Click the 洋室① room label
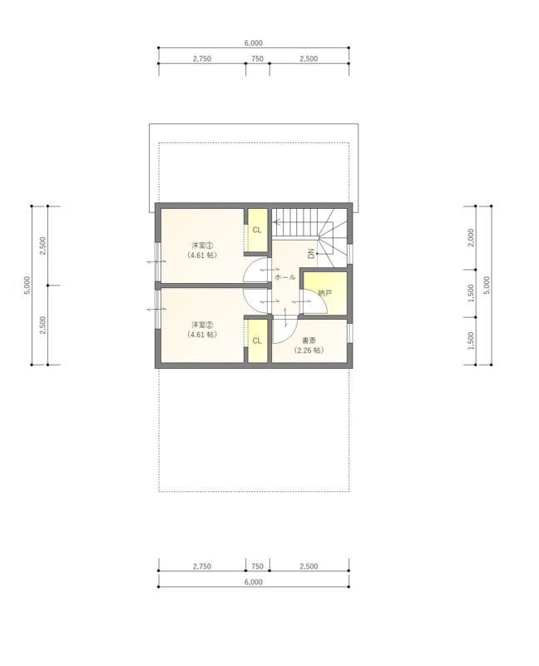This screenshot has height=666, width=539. pyautogui.click(x=202, y=246)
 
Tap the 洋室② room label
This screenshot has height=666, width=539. pyautogui.click(x=202, y=325)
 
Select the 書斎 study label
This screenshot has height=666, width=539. pyautogui.click(x=309, y=340)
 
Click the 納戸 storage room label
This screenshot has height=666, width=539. pyautogui.click(x=325, y=293)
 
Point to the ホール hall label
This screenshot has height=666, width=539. pyautogui.click(x=285, y=277)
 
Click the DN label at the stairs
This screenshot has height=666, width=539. pyautogui.click(x=311, y=254)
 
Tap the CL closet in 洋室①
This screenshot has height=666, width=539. pyautogui.click(x=257, y=230)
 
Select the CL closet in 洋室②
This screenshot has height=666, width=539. pyautogui.click(x=257, y=340)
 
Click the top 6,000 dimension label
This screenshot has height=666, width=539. pyautogui.click(x=254, y=43)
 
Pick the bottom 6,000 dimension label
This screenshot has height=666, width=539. pyautogui.click(x=254, y=582)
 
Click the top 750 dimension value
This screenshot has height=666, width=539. pyautogui.click(x=257, y=59)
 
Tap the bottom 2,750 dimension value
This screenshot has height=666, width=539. pyautogui.click(x=202, y=566)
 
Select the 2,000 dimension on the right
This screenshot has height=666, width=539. pyautogui.click(x=471, y=237)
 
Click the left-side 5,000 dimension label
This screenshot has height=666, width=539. pyautogui.click(x=27, y=285)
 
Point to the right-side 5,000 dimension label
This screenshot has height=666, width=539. pyautogui.click(x=487, y=285)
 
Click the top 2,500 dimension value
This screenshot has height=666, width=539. pyautogui.click(x=309, y=59)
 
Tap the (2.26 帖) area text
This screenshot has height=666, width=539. pyautogui.click(x=309, y=350)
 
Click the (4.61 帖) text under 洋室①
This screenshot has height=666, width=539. pyautogui.click(x=202, y=256)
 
